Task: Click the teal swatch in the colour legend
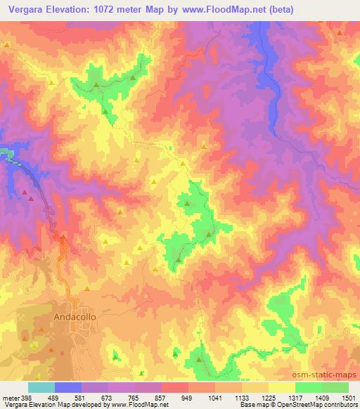click(x=41, y=387)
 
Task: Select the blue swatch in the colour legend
click(x=68, y=387)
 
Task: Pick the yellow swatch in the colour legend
click(x=282, y=387)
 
